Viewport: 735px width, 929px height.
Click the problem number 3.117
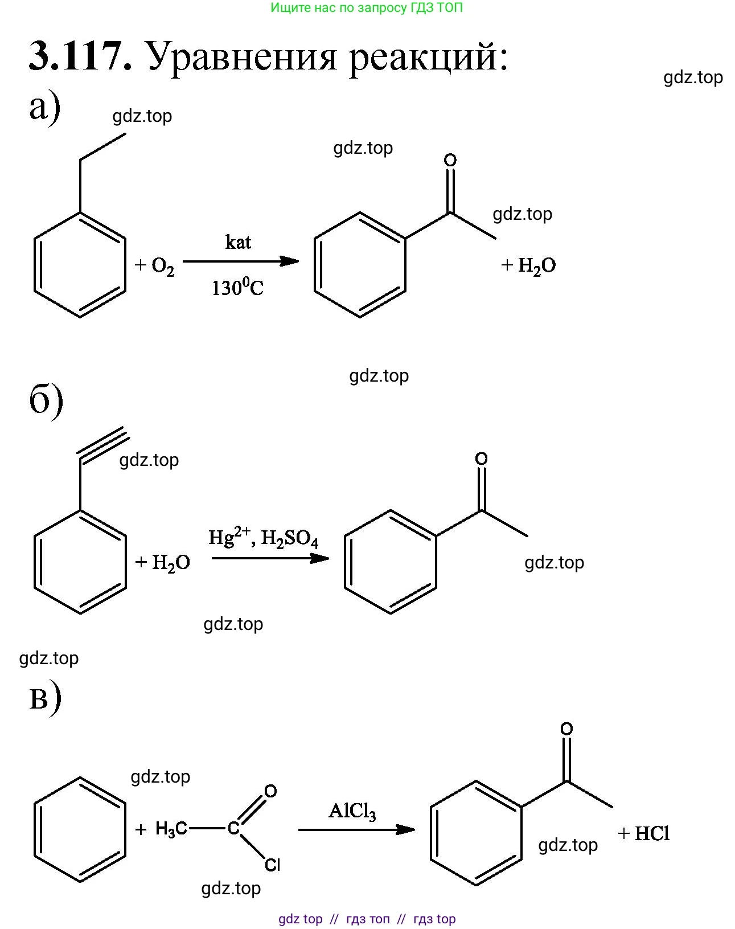coord(80,56)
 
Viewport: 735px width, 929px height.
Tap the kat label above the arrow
coord(238,242)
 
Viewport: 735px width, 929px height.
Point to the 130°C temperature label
coord(237,287)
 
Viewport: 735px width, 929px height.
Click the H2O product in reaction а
coord(536,265)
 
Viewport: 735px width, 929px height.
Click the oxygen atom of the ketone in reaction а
coord(450,160)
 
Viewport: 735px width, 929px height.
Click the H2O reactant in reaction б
coord(171,563)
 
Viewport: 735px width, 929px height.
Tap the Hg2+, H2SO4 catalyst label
coord(263,538)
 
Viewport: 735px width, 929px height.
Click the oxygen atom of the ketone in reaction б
coord(481,459)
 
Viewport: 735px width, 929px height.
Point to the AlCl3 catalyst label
coord(352,811)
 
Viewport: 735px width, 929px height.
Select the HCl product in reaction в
coord(652,834)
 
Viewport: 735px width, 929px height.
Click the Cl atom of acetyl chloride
coord(272,865)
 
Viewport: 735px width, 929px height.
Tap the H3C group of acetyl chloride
coord(171,829)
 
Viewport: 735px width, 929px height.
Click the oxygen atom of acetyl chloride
coord(270,791)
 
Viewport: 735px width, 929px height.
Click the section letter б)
coord(46,400)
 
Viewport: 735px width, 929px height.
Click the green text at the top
coord(367,8)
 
